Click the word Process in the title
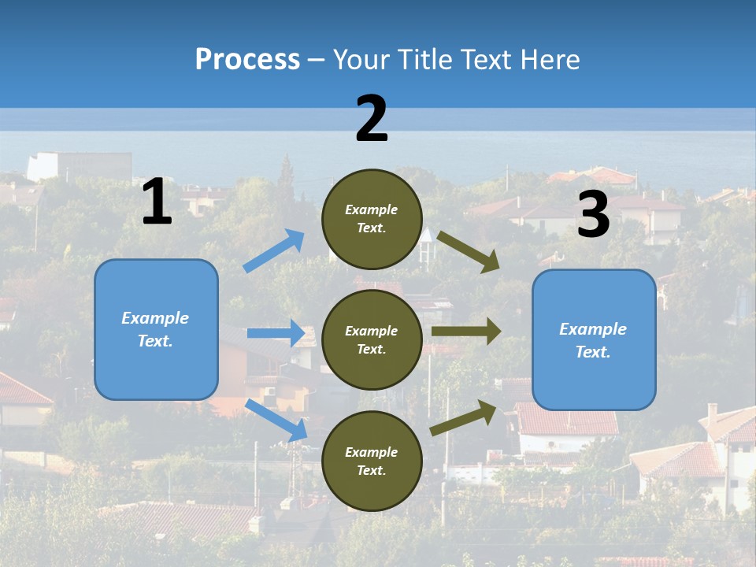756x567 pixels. point(247,59)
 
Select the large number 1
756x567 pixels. point(157,202)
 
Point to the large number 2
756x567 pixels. point(372,119)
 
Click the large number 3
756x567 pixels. point(593,215)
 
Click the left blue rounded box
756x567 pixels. point(156,329)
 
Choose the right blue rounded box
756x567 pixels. point(594,340)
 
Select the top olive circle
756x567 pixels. point(372,219)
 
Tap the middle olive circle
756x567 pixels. point(372,339)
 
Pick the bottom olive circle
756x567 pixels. point(372,461)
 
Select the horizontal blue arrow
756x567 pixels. point(276,333)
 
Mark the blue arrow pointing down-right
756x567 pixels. point(276,420)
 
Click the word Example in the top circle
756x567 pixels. point(372,209)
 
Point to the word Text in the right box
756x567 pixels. point(592,352)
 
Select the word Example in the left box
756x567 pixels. point(155,318)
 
